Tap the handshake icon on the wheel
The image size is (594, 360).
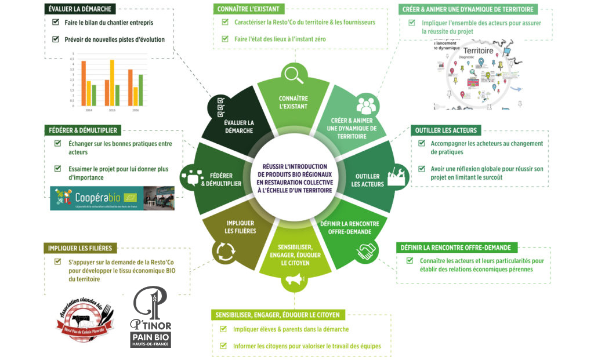pos(367,251)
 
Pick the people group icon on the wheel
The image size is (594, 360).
pos(366,104)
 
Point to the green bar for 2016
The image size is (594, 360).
pos(140,88)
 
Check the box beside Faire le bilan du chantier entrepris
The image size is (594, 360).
pos(56,23)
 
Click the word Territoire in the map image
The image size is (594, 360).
pos(479,51)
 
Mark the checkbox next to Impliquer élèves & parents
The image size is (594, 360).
pos(223,329)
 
